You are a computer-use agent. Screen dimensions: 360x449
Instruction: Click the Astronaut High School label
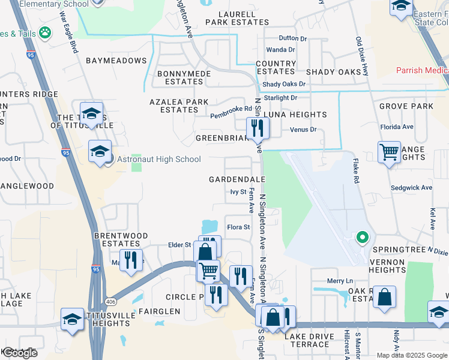(x=158, y=159)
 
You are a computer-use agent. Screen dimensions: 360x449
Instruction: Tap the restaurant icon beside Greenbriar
(x=258, y=127)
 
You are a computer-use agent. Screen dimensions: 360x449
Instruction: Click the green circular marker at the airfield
(x=361, y=238)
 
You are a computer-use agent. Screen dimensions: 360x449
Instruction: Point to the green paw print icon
(x=44, y=31)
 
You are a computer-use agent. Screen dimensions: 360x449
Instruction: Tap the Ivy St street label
(x=238, y=192)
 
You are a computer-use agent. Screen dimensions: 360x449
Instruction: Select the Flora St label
(x=238, y=227)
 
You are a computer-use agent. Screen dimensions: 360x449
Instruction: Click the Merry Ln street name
(x=339, y=281)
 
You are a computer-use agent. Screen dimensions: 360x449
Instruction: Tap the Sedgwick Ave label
(x=411, y=188)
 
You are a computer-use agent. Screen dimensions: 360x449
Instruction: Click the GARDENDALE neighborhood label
(x=237, y=179)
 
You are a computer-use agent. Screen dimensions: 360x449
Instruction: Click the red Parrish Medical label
(x=422, y=70)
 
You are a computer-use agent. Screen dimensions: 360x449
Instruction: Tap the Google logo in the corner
(x=19, y=353)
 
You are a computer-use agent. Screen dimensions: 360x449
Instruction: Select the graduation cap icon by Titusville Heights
(x=72, y=319)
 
